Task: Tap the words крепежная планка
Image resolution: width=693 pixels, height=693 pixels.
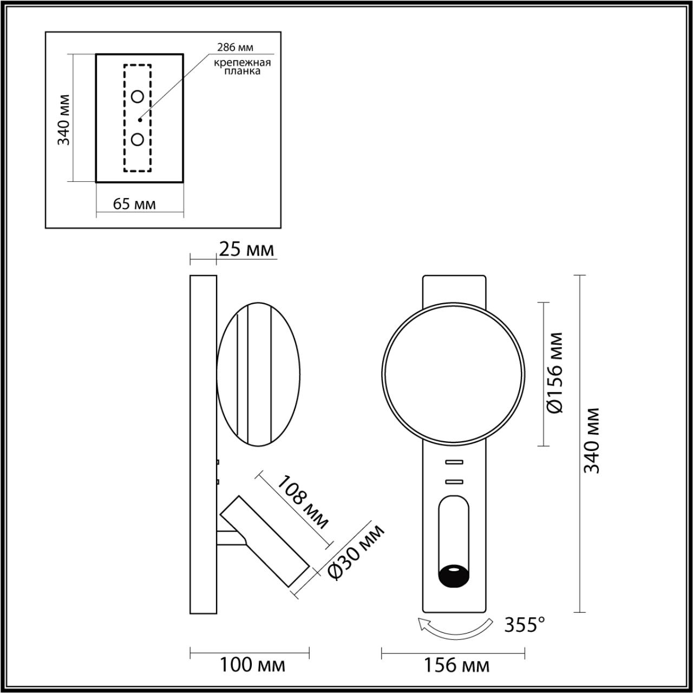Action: tap(241, 67)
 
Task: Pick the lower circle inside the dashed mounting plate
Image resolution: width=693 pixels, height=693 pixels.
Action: tap(138, 140)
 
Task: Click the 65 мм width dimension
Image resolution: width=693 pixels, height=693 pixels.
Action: tap(134, 204)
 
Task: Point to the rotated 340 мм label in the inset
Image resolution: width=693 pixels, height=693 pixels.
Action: tap(64, 120)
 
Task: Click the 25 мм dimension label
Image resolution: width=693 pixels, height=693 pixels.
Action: tap(246, 250)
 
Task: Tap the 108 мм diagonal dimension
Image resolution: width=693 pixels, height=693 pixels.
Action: tap(303, 502)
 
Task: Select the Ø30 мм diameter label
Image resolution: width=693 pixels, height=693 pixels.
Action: tap(357, 552)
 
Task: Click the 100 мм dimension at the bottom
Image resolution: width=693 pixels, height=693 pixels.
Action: tap(252, 664)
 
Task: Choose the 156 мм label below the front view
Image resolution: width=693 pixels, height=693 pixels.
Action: tap(456, 665)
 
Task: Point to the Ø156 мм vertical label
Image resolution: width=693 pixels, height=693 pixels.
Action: tap(555, 373)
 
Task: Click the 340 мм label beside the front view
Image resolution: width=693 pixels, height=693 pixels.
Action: tap(592, 440)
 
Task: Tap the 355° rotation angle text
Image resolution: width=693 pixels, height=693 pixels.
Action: tap(524, 625)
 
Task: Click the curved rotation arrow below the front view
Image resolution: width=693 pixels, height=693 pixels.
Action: tap(455, 628)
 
